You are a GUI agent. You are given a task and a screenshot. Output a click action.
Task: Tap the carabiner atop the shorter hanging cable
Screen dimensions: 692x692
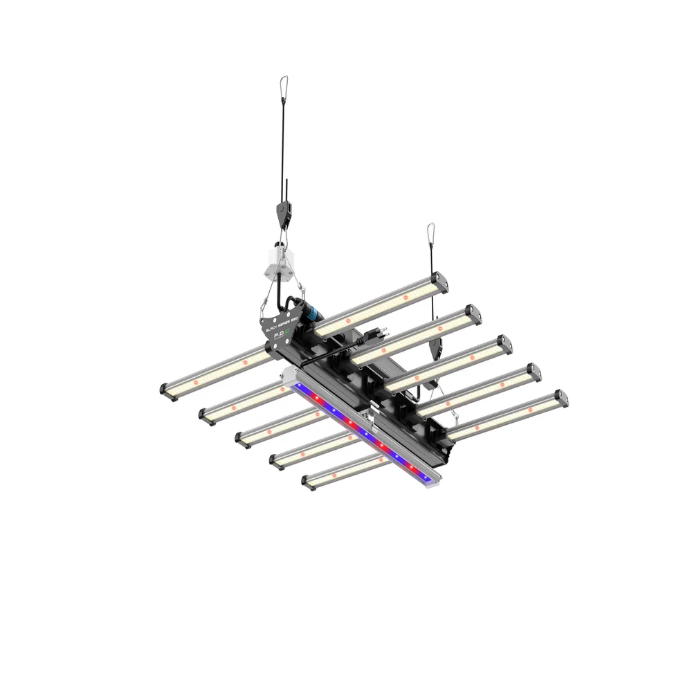point(430,233)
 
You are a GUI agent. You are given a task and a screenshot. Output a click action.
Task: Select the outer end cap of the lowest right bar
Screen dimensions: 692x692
point(561,399)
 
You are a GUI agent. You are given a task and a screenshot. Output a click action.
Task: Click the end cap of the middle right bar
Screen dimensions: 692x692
point(505,343)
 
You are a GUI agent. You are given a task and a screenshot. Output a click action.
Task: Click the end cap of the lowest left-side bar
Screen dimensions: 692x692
point(307,482)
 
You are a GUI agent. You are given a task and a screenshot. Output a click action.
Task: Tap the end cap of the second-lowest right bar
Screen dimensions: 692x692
point(534,372)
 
